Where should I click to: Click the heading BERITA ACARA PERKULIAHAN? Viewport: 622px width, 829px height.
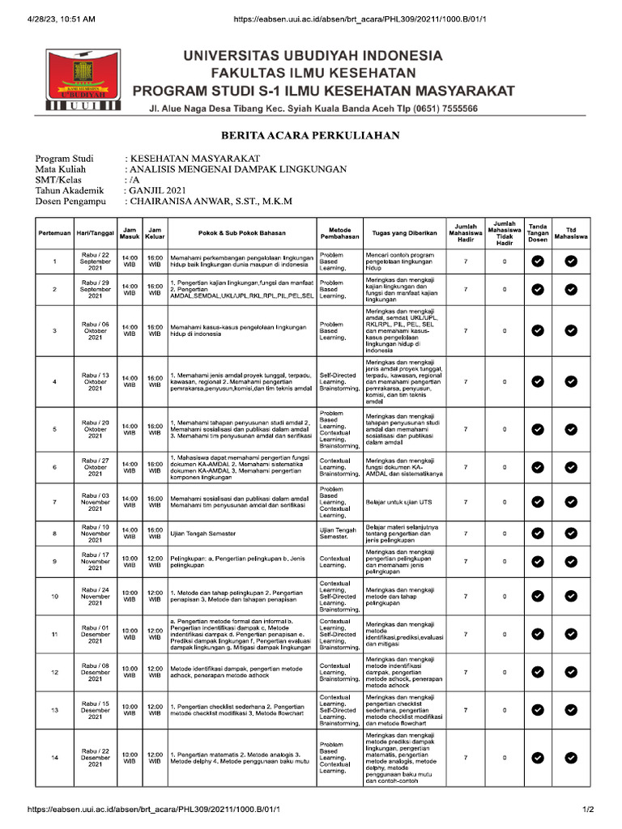pos(310,135)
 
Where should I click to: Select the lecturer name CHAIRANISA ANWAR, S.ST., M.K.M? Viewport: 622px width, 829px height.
pos(208,202)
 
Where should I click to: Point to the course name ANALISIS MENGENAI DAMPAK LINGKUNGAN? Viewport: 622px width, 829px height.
pos(237,169)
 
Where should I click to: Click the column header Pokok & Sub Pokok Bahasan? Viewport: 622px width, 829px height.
pos(241,233)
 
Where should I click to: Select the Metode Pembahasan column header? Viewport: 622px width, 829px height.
pos(339,233)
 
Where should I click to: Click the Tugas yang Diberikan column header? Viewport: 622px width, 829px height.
pos(400,233)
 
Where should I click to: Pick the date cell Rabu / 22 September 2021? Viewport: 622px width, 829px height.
pos(96,261)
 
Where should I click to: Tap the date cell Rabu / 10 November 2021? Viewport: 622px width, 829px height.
pos(96,534)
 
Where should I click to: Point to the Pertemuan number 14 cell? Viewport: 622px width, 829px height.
pos(54,758)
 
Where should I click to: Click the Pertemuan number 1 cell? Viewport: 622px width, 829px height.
pos(54,261)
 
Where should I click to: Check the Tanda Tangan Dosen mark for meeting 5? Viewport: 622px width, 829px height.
pos(537,429)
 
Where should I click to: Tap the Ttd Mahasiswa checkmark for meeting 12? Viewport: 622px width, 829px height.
pos(571,672)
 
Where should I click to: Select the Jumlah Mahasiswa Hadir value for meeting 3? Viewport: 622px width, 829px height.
pos(466,330)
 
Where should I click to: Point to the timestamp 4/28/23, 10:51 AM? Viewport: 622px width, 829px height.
pos(62,19)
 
